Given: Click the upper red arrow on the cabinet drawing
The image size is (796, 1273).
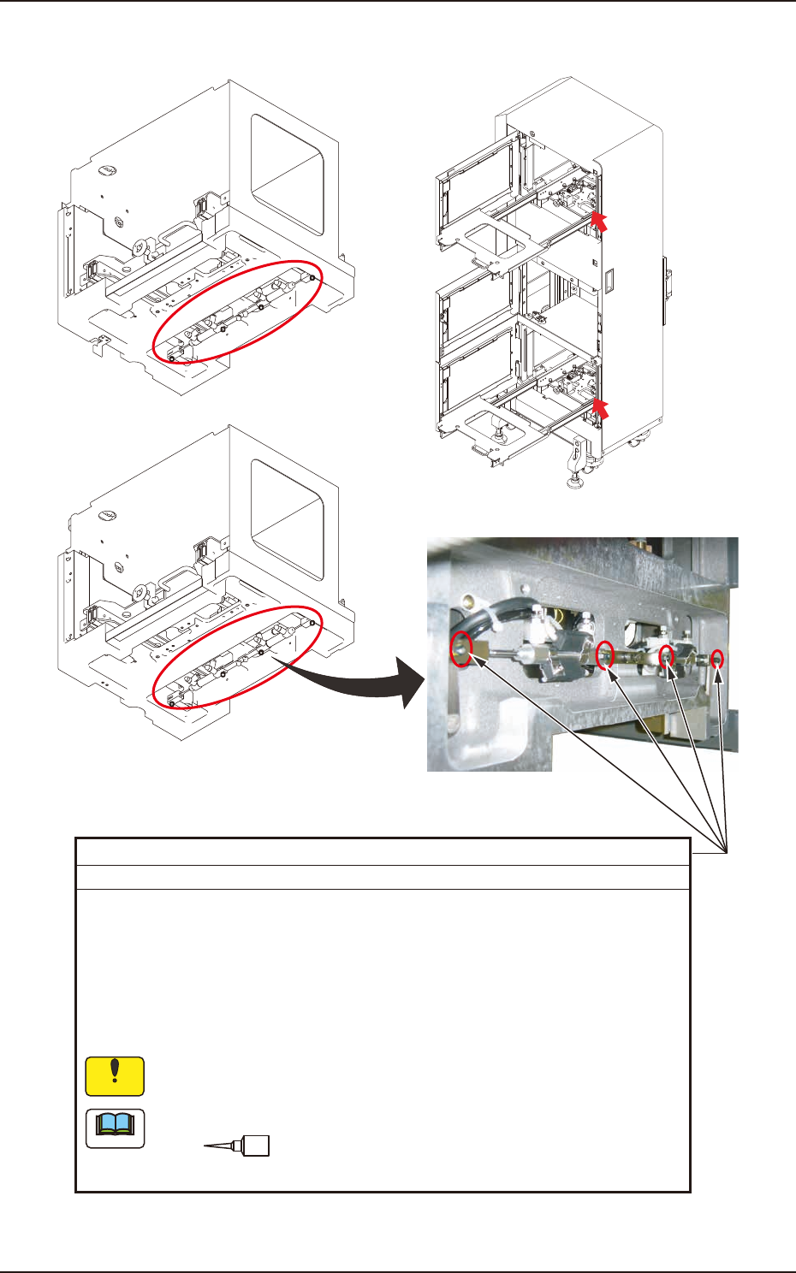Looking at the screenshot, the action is coord(602,222).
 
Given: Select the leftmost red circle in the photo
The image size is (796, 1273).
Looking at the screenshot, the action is coord(461,648).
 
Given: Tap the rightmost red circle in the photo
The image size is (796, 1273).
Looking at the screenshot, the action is coord(718,659).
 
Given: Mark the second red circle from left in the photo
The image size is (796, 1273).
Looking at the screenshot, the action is coord(605,654).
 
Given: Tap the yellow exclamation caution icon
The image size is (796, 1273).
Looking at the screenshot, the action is coord(115,1076).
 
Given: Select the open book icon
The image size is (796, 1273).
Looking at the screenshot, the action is coord(115,1128).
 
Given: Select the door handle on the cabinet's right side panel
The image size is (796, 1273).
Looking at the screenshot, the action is coord(667,278).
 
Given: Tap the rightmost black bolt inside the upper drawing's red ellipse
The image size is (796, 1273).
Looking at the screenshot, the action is coord(313,279).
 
